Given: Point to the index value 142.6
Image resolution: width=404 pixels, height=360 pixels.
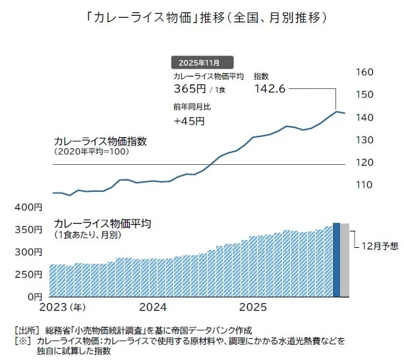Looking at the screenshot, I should click(269, 89).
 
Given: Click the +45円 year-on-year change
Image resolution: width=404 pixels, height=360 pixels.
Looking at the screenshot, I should click(189, 121).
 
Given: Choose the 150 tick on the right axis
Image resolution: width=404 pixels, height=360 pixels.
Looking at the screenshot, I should click(364, 95).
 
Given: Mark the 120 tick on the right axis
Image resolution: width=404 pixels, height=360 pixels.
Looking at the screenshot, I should click(364, 162).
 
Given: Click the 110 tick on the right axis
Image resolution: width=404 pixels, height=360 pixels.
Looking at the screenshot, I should click(364, 185).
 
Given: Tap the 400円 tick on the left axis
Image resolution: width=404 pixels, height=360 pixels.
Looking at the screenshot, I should click(28, 208).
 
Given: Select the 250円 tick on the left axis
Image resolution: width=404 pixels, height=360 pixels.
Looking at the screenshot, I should click(28, 274).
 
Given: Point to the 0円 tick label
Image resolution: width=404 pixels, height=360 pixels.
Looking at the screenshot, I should click(33, 296).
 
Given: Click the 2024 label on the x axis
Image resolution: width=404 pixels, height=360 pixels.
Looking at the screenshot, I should click(154, 307).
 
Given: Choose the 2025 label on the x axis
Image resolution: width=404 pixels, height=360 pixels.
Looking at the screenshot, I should click(252, 307).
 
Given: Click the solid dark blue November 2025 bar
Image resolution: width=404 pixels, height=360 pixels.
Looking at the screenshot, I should click(336, 260).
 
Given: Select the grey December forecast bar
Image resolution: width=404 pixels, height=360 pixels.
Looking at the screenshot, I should click(345, 260).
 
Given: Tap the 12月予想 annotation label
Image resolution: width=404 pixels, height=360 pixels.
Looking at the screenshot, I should click(380, 246).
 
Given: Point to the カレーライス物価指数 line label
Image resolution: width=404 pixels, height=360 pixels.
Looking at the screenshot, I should click(100, 141).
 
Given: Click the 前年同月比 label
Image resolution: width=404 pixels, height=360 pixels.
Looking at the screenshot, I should click(192, 106).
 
